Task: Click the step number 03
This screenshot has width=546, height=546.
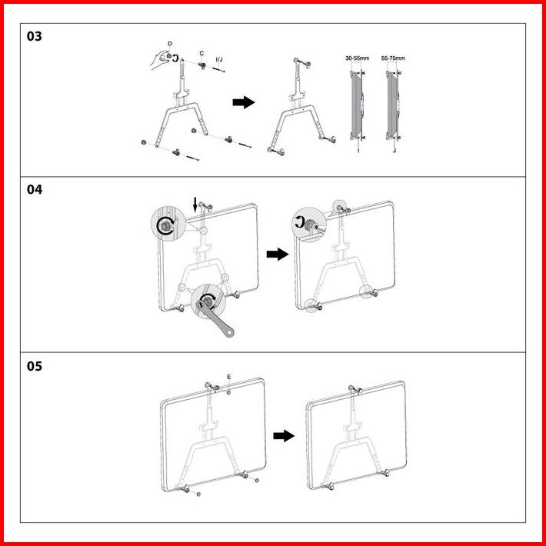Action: point(35,36)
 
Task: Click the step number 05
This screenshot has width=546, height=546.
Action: point(35,365)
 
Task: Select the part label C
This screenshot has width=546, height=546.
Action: point(201,53)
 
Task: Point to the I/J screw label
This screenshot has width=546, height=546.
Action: point(219,58)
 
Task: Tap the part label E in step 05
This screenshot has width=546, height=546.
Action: point(229,377)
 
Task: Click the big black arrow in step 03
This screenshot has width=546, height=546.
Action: point(244,103)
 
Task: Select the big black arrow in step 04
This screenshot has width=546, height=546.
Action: point(276,254)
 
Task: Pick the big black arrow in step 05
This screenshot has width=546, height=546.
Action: point(284,435)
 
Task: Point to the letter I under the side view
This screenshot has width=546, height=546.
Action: point(358,150)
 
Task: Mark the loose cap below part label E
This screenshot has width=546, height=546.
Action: point(230,391)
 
